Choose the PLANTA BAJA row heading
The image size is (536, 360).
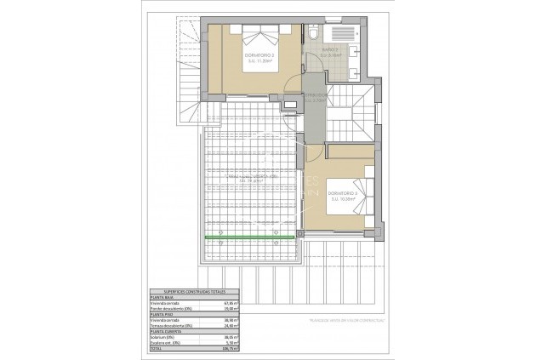click(x=163, y=297)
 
